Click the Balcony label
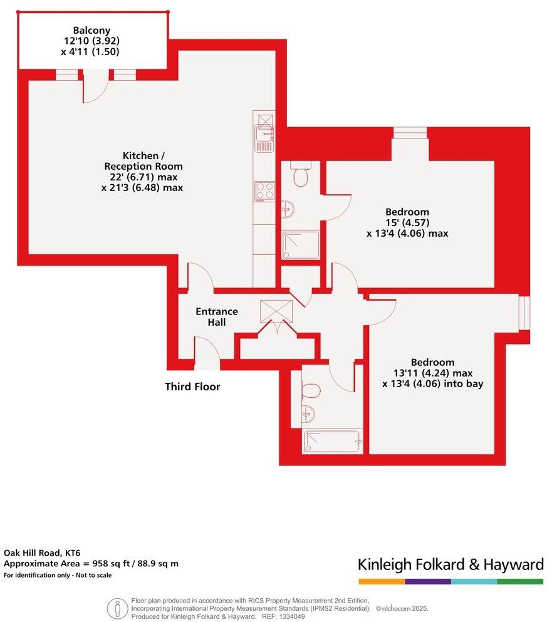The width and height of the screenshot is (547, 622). point(91,30)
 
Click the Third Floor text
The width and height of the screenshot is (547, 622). point(192,387)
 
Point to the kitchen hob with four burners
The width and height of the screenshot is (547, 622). point(264,191)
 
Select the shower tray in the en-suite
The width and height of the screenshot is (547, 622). point(301,245)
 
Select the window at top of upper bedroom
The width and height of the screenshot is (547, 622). point(410,132)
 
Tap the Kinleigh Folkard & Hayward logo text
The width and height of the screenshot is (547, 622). point(451,564)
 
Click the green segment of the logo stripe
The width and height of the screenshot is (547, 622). point(520,582)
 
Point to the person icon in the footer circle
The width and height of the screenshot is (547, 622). point(117,607)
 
